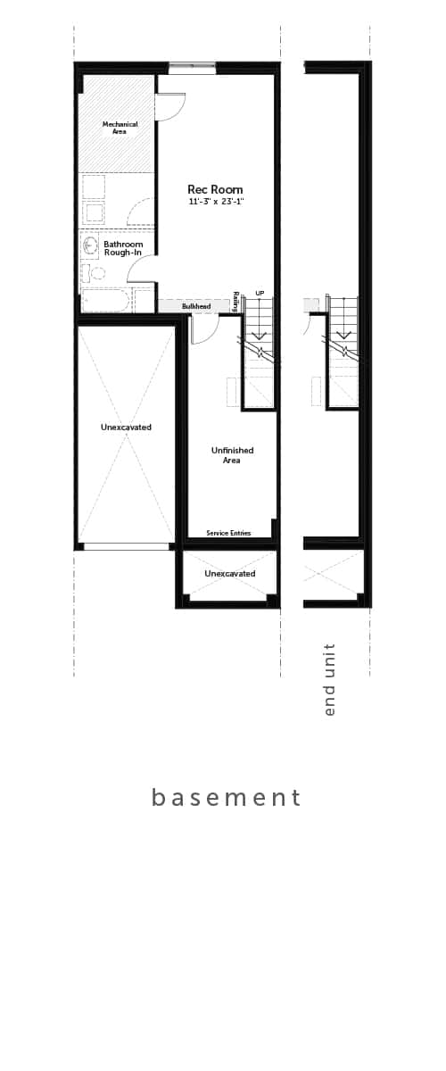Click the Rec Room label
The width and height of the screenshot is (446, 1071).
215,189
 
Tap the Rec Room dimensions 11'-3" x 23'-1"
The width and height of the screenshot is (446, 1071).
217,202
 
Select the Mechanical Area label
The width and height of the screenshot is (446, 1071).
120,128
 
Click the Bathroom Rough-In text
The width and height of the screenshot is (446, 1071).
123,248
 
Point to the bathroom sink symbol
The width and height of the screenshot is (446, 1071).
89,245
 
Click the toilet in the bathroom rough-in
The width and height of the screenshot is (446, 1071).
94,273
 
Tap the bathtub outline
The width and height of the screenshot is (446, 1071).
105,301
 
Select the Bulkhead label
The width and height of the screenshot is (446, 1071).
196,306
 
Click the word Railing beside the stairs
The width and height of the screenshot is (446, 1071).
235,302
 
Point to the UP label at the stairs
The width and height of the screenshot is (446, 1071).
260,293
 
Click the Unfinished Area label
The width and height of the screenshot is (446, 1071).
232,455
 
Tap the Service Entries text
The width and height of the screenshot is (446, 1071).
228,533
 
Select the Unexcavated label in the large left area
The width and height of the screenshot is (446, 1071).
126,427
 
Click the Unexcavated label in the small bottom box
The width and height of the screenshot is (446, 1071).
230,573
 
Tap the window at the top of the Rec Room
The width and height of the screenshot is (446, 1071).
192,68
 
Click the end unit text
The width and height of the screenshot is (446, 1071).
330,679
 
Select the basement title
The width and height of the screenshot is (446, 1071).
226,797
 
